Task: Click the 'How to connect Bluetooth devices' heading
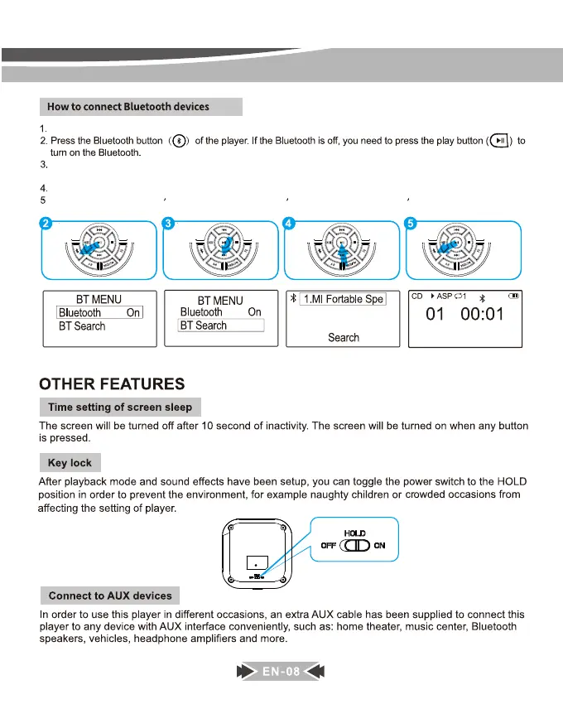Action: (x=128, y=107)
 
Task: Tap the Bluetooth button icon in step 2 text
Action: (x=181, y=142)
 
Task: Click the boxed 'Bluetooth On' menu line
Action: (x=99, y=312)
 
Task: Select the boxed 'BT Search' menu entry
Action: (x=221, y=325)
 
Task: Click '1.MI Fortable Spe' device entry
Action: (x=342, y=299)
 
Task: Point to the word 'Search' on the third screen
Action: (x=343, y=337)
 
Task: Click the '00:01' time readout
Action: (x=475, y=315)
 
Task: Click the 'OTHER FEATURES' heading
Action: (x=112, y=384)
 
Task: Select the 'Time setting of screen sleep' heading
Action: (x=120, y=407)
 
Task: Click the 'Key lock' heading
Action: (x=70, y=463)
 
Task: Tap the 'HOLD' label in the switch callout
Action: (x=354, y=533)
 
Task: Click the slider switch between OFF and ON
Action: (x=354, y=546)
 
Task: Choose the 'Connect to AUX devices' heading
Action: (x=110, y=596)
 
